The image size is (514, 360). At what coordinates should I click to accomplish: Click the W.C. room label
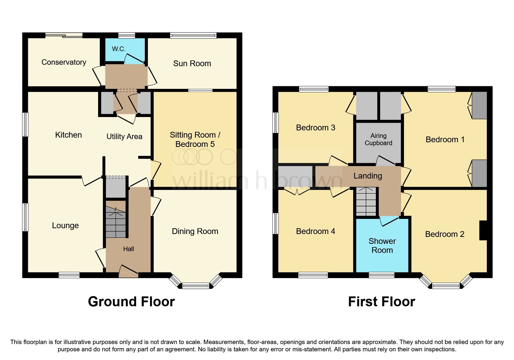[x=119, y=49]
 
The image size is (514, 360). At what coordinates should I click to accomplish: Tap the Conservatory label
[x=64, y=62]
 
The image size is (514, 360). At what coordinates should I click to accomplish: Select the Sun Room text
[x=192, y=64]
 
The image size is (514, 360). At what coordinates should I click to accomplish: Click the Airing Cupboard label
[x=378, y=139]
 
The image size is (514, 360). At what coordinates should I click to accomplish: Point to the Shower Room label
[x=382, y=246]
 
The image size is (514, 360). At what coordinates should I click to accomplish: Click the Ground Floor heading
[x=131, y=302]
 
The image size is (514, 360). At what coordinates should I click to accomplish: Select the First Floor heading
[x=381, y=302]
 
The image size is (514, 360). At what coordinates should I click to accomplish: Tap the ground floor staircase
[x=116, y=222]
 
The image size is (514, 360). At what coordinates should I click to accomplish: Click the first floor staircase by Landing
[x=366, y=201]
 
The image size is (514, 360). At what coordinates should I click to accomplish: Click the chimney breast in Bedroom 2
[x=483, y=231]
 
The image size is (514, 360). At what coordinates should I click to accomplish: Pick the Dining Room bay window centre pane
[x=196, y=286]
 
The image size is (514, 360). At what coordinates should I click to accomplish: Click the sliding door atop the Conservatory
[x=64, y=35]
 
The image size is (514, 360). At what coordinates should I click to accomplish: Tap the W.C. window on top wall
[x=127, y=35]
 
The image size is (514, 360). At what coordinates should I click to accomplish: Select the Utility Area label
[x=124, y=136]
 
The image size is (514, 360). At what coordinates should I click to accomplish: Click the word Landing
[x=367, y=176]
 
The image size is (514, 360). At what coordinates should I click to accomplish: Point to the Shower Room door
[x=389, y=221]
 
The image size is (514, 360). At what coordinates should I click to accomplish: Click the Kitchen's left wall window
[x=26, y=125]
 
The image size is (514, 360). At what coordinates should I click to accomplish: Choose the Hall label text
[x=128, y=249]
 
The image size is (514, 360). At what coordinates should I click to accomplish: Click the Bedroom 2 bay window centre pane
[x=446, y=286]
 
